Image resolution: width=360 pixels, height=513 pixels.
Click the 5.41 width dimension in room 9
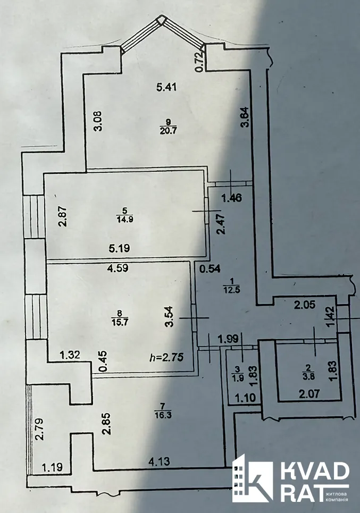point(166,87)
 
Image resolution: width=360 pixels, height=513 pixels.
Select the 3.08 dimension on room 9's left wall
point(98,121)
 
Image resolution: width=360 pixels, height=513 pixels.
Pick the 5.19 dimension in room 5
point(119,248)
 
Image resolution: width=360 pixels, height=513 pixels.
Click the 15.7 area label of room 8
point(120,322)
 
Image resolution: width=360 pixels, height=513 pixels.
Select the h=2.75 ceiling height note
point(166,357)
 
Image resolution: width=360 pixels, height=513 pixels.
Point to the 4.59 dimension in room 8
point(118,268)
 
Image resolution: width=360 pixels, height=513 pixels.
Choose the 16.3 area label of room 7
point(164,415)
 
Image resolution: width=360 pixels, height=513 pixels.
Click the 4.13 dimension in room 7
point(159,461)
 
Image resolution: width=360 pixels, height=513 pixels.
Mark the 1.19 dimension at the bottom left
point(52,467)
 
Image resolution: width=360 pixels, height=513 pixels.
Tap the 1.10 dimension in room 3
point(246,398)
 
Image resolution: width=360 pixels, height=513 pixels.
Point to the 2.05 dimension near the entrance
point(305,305)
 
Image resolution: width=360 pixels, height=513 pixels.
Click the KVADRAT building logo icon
point(253,478)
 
